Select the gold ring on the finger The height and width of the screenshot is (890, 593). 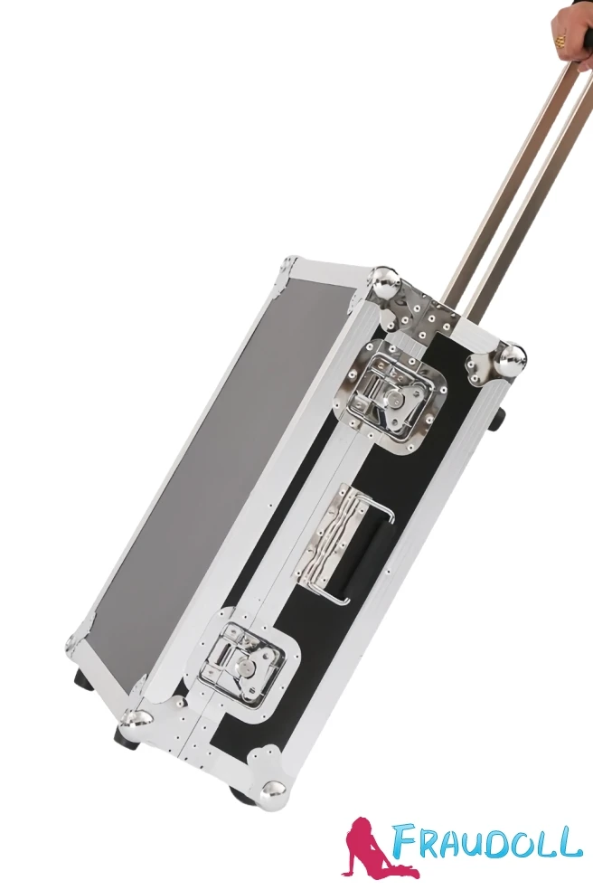coord(560,41)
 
